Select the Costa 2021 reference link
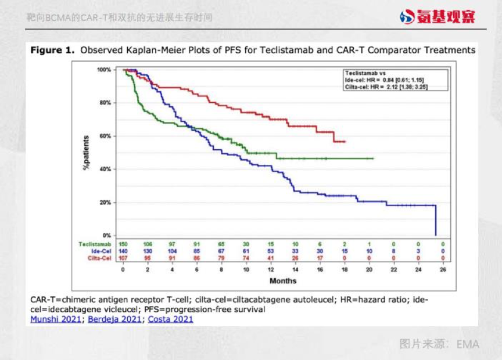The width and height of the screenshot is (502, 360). [170, 319]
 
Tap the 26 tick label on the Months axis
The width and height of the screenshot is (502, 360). [443, 270]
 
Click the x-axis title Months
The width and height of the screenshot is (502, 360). [283, 281]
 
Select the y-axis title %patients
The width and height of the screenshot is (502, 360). [85, 152]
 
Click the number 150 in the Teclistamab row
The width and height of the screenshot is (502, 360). [123, 244]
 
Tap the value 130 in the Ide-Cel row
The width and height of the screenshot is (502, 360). [148, 251]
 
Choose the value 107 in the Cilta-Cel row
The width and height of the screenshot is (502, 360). [123, 257]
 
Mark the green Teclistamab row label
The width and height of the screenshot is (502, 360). [95, 244]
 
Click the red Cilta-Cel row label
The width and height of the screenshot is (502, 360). [98, 257]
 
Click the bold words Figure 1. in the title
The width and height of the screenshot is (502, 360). [52, 51]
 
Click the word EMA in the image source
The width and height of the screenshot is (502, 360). [468, 344]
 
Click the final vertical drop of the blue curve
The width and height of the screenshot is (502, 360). [436, 221]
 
